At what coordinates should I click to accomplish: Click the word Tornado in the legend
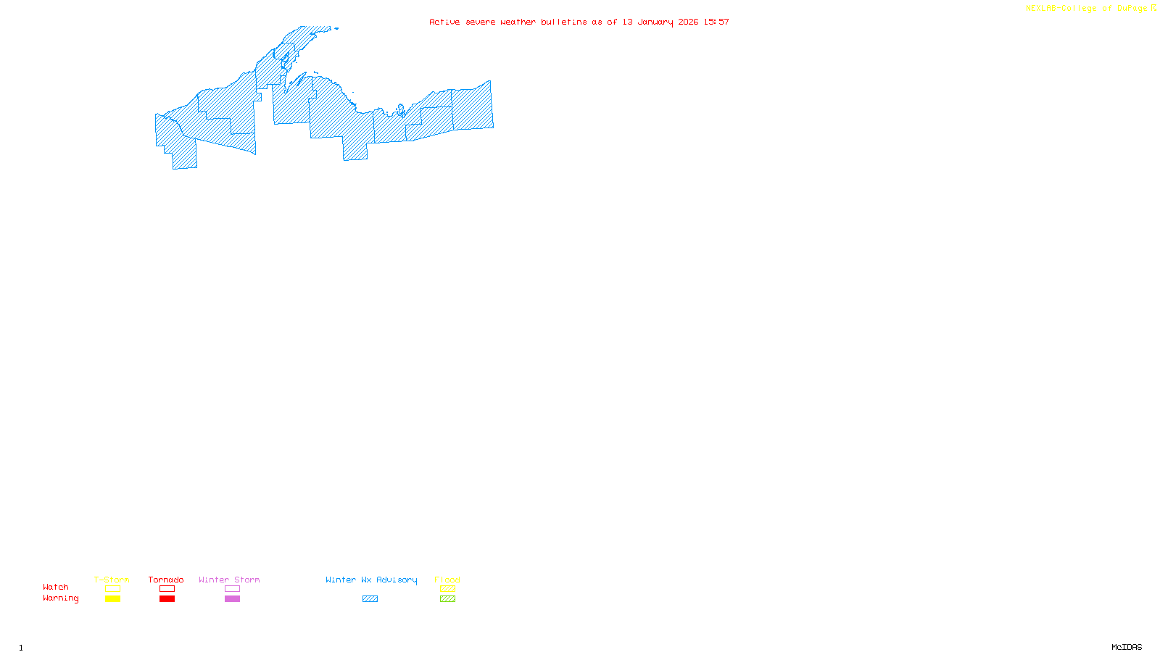(166, 580)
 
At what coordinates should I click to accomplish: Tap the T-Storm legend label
(112, 580)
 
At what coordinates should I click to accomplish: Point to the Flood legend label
(447, 580)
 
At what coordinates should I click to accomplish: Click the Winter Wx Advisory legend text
(371, 580)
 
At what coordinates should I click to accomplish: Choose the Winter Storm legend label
(229, 580)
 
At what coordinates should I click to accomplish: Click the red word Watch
(56, 587)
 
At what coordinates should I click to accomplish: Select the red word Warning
(61, 598)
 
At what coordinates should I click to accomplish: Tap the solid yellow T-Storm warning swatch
(112, 599)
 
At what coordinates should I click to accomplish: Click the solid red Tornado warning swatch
(167, 599)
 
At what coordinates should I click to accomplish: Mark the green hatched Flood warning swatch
(448, 599)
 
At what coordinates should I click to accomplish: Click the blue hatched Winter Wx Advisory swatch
(370, 599)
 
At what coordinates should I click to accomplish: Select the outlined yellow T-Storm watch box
(112, 589)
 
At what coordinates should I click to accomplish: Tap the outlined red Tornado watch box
(167, 589)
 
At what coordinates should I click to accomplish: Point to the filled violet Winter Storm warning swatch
(232, 599)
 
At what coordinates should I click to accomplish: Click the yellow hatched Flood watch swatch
(448, 589)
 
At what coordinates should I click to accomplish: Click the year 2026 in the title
(688, 22)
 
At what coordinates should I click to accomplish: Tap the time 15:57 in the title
(716, 22)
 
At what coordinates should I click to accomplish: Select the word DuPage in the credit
(1132, 8)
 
